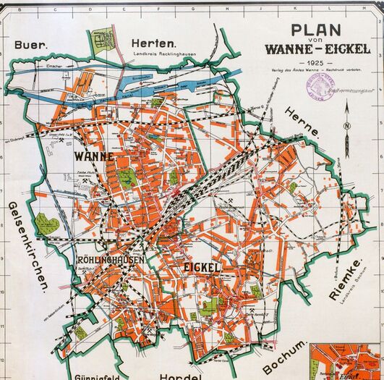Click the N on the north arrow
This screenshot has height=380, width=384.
pyautogui.click(x=347, y=128)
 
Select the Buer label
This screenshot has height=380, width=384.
pyautogui.click(x=30, y=43)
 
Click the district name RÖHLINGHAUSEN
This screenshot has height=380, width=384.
pyautogui.click(x=110, y=258)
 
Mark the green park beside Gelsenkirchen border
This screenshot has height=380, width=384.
pyautogui.click(x=48, y=225)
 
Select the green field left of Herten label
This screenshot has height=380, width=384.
pyautogui.click(x=103, y=38)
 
